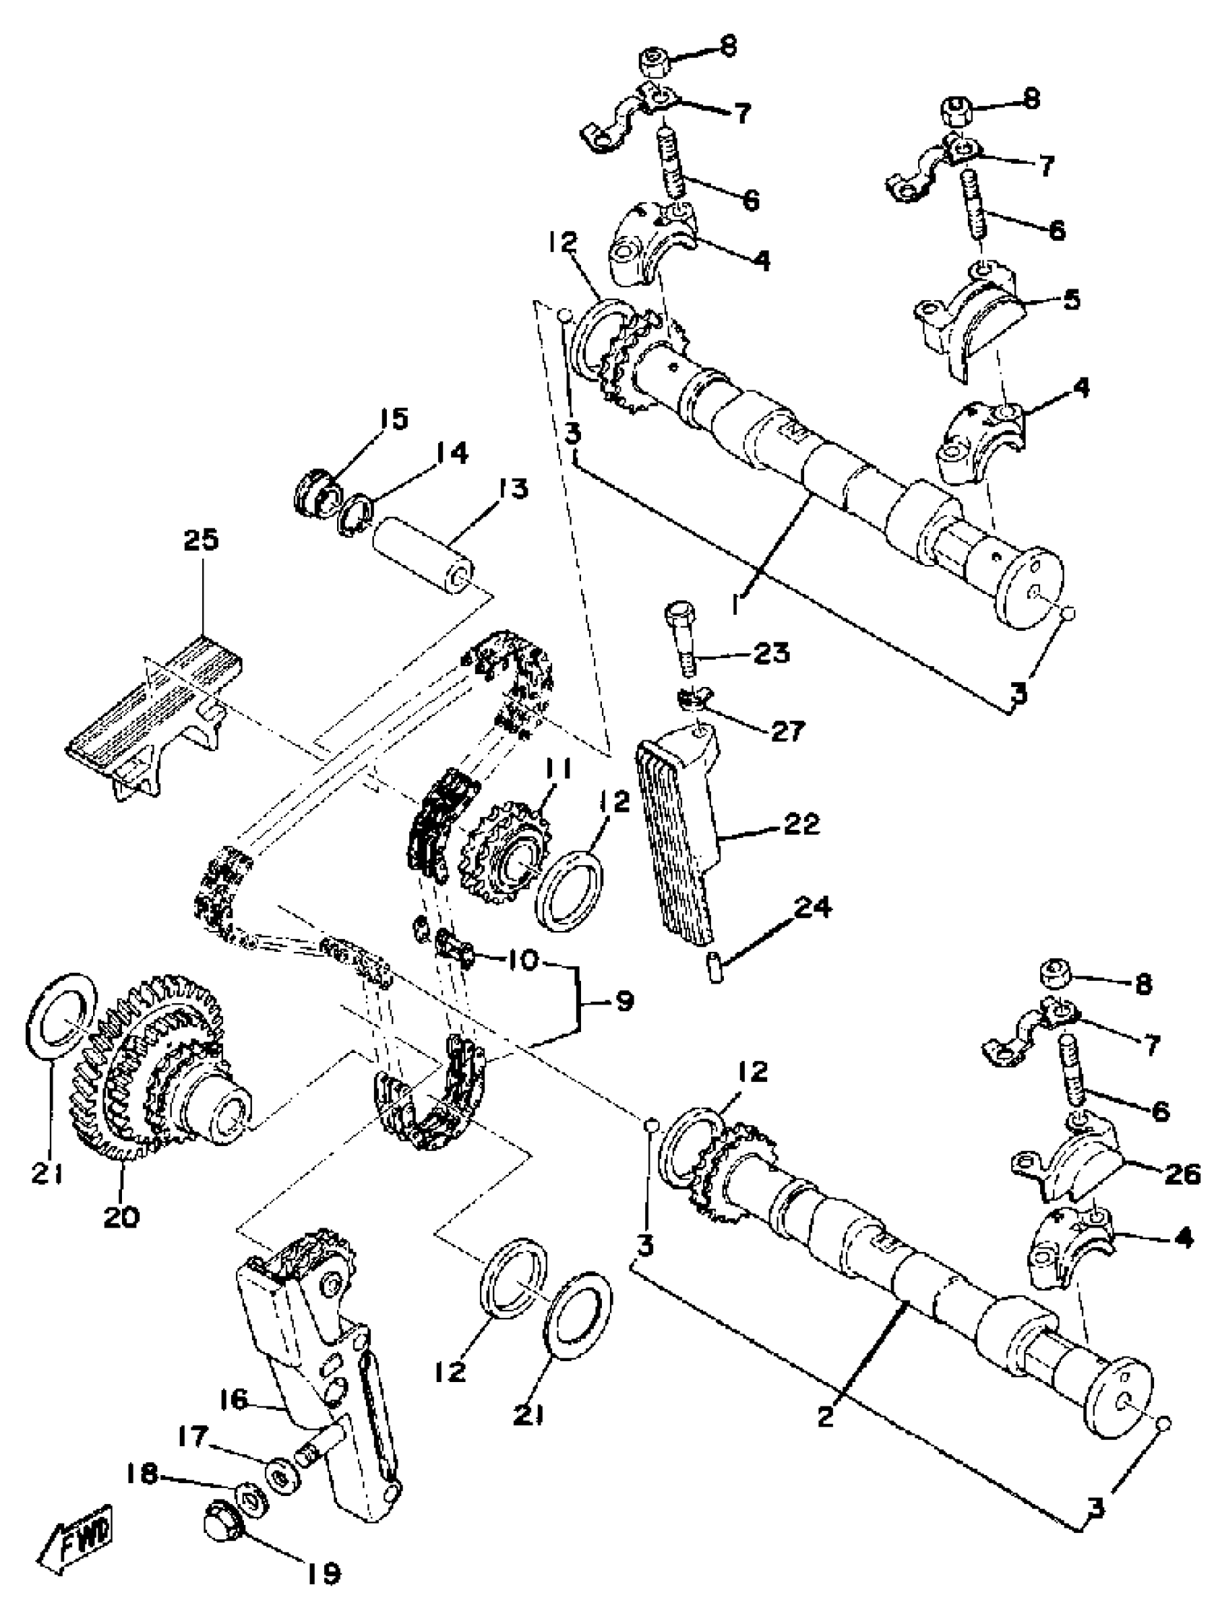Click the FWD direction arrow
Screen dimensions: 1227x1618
[x=76, y=1528]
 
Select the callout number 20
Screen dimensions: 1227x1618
[x=121, y=1217]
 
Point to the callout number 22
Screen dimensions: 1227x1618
[x=800, y=824]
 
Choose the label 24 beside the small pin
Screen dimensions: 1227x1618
[x=813, y=907]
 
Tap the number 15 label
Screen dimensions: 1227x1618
[x=393, y=419]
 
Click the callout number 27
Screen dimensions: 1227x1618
[x=787, y=730]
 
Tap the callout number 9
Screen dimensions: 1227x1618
[x=625, y=1001]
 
